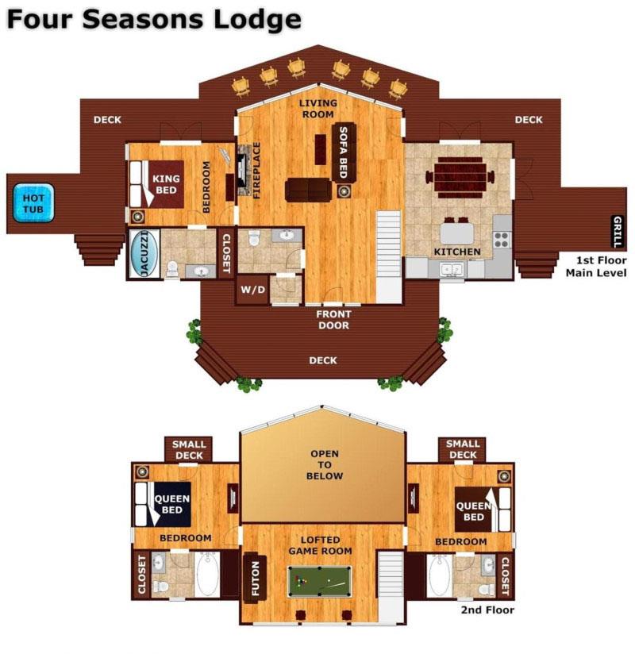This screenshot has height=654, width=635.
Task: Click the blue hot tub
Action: tap(33, 203)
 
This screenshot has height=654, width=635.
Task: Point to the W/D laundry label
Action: tap(252, 290)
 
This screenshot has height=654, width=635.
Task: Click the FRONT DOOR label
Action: tap(333, 319)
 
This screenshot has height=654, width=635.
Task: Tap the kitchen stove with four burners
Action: tap(502, 238)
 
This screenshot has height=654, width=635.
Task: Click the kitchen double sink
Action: tap(452, 270)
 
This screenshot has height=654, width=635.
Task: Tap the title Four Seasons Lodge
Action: tap(154, 19)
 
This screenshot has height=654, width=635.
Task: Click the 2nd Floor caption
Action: tap(487, 610)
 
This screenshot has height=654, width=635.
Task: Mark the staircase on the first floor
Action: tap(389, 256)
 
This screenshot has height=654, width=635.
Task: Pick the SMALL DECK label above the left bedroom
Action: tap(188, 450)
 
